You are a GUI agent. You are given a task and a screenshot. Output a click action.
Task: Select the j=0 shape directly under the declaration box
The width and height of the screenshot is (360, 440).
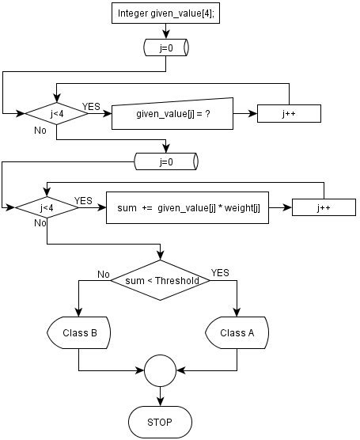[x=166, y=47]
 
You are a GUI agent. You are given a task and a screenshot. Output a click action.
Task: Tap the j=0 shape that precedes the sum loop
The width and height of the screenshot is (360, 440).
[x=166, y=161]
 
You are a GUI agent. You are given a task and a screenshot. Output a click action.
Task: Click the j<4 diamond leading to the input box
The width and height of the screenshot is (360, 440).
[x=57, y=113]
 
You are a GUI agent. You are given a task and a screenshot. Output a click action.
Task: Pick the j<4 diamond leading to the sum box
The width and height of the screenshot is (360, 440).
[x=46, y=208]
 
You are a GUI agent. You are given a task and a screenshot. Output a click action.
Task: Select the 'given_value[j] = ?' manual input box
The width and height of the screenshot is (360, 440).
[x=172, y=114]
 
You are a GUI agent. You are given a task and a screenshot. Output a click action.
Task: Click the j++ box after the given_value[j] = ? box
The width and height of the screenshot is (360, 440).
[x=289, y=114]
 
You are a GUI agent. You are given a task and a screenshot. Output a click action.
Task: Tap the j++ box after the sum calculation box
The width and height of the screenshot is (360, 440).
[x=324, y=208]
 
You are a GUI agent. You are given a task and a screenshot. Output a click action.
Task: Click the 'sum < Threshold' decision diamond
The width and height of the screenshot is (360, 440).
[x=161, y=279]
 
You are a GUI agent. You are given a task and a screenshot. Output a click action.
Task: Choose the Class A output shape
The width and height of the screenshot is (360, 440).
[x=237, y=332]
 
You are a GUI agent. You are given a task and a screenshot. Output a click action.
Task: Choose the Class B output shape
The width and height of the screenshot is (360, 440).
[x=79, y=332]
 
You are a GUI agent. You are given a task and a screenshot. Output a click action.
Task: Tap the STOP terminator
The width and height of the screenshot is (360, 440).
[x=161, y=421]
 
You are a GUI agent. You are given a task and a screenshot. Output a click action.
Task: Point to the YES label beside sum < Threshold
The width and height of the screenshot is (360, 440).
[x=220, y=273]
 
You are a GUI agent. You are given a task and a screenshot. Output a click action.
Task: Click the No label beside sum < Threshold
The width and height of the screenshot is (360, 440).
[x=103, y=274]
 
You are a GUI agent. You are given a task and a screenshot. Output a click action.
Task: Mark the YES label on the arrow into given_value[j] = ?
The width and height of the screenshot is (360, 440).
[x=91, y=105]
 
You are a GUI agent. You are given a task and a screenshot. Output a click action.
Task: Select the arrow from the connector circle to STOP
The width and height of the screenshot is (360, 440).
[x=161, y=395]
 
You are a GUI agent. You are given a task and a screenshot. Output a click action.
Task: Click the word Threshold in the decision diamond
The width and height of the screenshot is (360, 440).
[x=176, y=280]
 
